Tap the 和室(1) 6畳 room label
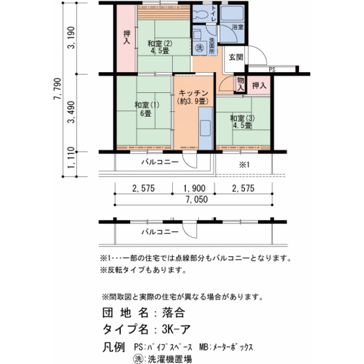(x=144, y=109)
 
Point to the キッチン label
(x=193, y=97)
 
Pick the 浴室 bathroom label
(x=237, y=28)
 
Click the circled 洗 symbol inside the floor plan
(x=200, y=49)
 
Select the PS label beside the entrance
(x=272, y=69)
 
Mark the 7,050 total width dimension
(x=194, y=200)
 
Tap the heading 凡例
(x=115, y=344)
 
